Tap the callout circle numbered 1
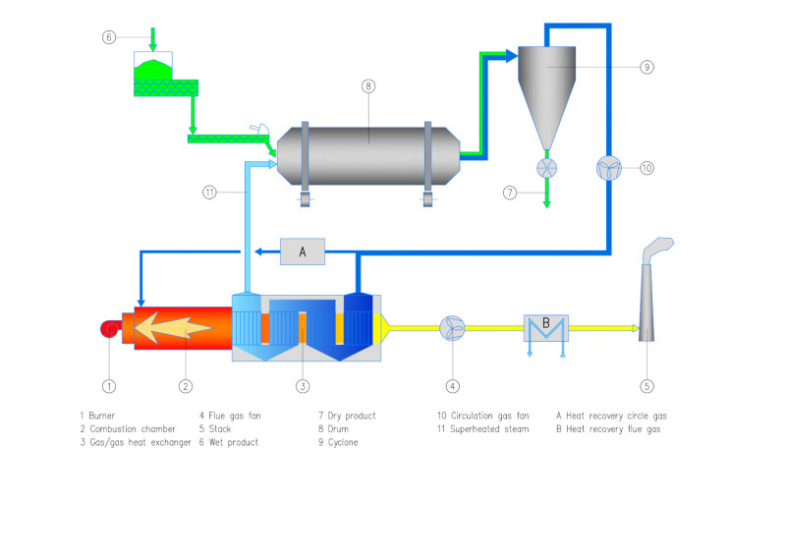click(110, 386)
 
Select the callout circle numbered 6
click(109, 37)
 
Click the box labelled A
click(303, 252)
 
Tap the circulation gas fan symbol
click(609, 168)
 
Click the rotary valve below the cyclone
click(547, 168)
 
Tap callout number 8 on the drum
click(368, 86)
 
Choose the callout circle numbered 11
click(209, 193)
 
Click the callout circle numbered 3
click(304, 386)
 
